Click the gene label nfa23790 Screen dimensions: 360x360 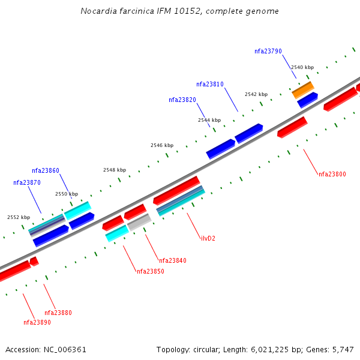[x=268, y=52]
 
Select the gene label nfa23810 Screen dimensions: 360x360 [x=209, y=85]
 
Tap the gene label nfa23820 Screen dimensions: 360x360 [x=182, y=100]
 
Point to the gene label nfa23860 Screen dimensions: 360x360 [x=46, y=171]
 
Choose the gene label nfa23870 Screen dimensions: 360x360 [x=27, y=182]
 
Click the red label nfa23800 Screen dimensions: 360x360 [x=332, y=175]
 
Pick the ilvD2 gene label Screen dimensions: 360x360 [x=208, y=239]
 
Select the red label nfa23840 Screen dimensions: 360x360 [x=172, y=261]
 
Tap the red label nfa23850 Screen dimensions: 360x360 [x=150, y=272]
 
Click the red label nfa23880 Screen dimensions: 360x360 [x=58, y=313]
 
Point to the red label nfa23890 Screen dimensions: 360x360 [x=37, y=323]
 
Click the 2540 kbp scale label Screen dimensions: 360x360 [x=302, y=68]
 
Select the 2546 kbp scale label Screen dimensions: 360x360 [x=162, y=146]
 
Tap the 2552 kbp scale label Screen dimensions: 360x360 [x=19, y=218]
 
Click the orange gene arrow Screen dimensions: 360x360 [x=303, y=90]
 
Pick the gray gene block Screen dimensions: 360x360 [x=139, y=222]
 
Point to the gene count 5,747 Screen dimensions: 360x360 [x=342, y=349]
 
